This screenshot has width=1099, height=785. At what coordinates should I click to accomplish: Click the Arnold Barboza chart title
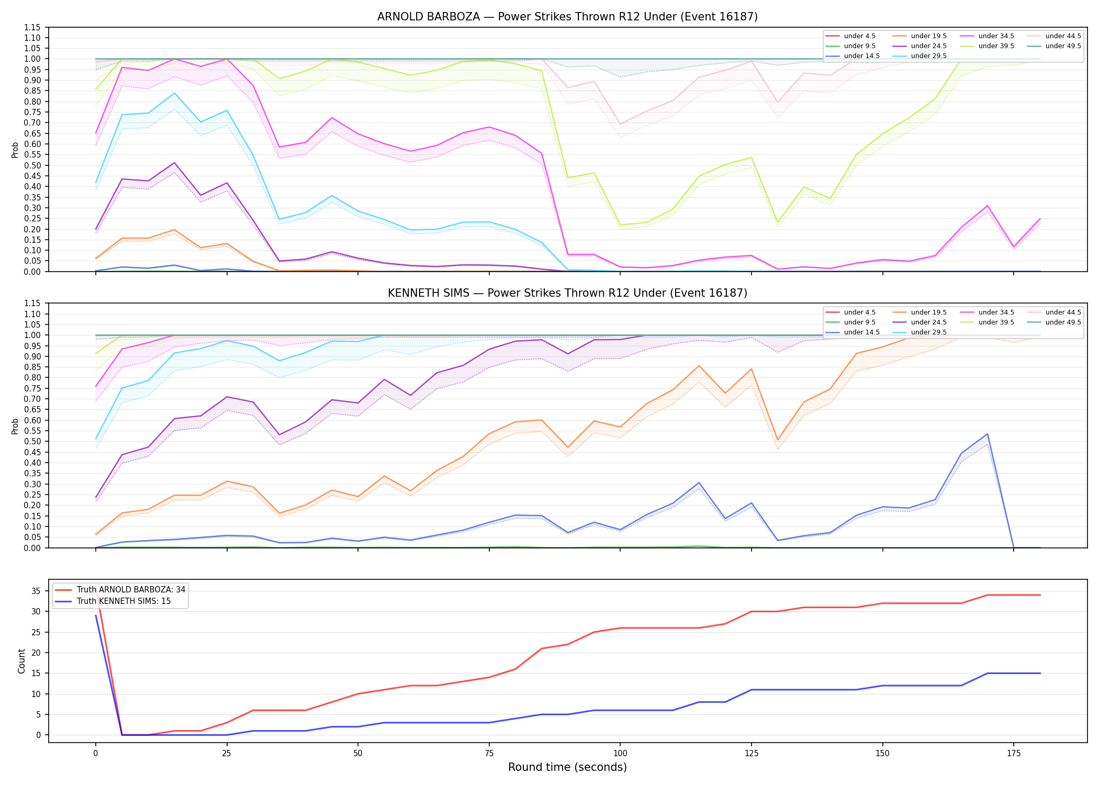point(567,17)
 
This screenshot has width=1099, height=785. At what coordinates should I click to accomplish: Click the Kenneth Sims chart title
point(567,293)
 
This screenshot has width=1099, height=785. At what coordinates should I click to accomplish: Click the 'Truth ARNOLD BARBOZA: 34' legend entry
point(120,590)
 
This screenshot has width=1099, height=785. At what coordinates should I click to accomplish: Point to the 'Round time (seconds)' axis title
point(567,767)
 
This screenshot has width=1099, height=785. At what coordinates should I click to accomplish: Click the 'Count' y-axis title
point(21,661)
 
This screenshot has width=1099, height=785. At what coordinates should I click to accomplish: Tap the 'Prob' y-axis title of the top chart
point(15,150)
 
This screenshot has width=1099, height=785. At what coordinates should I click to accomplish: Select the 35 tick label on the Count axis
point(36,591)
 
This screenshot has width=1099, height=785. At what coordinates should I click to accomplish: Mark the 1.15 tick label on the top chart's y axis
point(32,27)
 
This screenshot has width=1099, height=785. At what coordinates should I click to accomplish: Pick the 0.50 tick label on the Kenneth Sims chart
point(32,442)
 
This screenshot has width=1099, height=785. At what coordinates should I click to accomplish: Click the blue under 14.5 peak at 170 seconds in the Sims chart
point(987,434)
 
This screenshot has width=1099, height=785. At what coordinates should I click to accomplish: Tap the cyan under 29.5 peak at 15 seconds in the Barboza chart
point(174,93)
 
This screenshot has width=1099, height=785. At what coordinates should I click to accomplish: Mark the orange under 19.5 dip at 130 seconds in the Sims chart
point(778,440)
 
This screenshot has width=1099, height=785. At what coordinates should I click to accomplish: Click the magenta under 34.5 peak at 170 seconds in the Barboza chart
point(987,206)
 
